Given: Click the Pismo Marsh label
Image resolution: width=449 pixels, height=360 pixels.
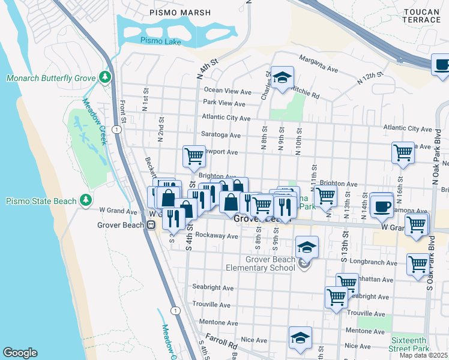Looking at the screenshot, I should pyautogui.click(x=180, y=13).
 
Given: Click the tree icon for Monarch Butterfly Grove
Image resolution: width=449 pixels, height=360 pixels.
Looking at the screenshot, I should pyautogui.click(x=106, y=78).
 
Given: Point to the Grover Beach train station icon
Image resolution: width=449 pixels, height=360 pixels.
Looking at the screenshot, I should pyautogui.click(x=152, y=225).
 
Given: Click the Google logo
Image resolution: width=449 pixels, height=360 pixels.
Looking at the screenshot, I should pyautogui.click(x=20, y=353).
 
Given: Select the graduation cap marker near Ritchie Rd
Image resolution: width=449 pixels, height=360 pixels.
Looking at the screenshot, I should pyautogui.click(x=282, y=78).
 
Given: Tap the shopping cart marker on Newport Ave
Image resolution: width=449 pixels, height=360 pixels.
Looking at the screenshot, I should pyautogui.click(x=194, y=156).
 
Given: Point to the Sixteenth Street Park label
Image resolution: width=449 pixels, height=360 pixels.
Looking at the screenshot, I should pyautogui.click(x=409, y=344).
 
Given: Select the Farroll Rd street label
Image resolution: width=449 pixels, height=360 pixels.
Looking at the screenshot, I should pyautogui.click(x=220, y=343).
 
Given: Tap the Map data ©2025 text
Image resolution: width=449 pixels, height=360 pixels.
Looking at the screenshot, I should pyautogui.click(x=424, y=355).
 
